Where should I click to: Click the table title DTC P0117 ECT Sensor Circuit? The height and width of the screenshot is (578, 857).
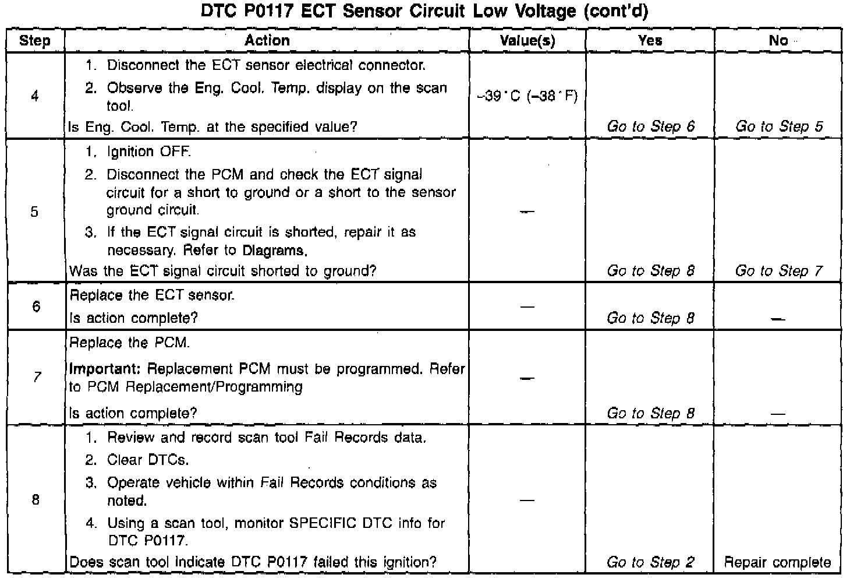(x=424, y=12)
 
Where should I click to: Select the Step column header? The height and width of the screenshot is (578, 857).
(x=35, y=41)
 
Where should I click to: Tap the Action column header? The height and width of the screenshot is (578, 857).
(x=267, y=40)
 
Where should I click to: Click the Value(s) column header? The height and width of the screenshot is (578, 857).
(x=527, y=41)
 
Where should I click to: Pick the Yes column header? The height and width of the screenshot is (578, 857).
(x=650, y=40)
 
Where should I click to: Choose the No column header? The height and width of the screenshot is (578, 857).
(x=778, y=40)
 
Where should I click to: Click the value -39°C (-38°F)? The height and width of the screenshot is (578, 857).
(x=527, y=96)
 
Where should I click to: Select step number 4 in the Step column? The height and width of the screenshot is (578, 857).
(x=35, y=96)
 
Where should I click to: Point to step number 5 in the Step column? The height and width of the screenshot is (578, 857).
(x=35, y=212)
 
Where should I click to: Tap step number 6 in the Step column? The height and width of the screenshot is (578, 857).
(x=36, y=306)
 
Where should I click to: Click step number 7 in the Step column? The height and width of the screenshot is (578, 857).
(x=36, y=378)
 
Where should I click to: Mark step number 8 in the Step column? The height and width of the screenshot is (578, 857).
(x=36, y=499)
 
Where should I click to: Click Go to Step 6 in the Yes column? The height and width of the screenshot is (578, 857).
(x=651, y=126)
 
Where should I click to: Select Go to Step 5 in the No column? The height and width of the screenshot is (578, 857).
(x=779, y=126)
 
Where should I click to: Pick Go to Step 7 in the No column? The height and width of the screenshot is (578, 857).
(x=779, y=271)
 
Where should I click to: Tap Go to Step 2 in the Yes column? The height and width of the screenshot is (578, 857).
(x=650, y=562)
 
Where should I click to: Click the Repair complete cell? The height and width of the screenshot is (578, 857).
(x=778, y=562)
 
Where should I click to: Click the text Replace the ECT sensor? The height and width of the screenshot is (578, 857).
(x=152, y=295)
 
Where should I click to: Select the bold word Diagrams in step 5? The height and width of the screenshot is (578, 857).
(x=273, y=251)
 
